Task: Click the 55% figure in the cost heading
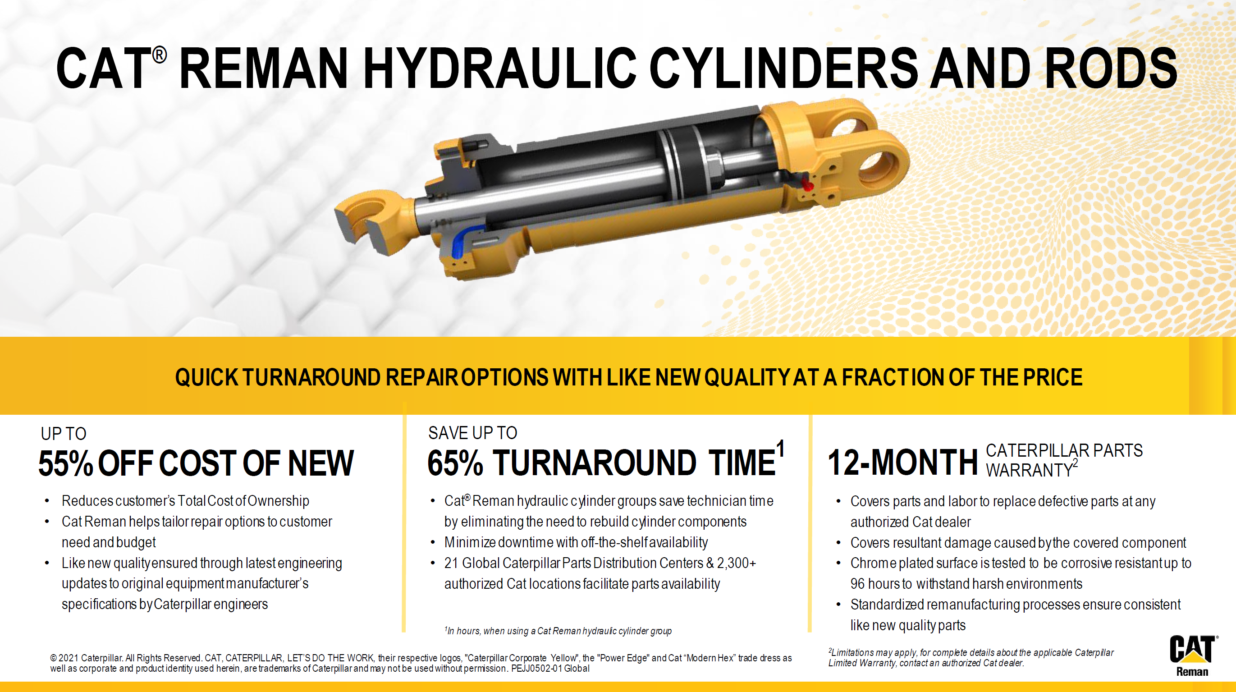pyautogui.click(x=65, y=463)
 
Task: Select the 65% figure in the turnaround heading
pyautogui.click(x=455, y=463)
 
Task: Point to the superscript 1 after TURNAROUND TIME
pyautogui.click(x=781, y=449)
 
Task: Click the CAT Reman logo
pyautogui.click(x=1193, y=655)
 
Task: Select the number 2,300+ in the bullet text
pyautogui.click(x=737, y=563)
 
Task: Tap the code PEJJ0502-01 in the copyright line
pyautogui.click(x=536, y=668)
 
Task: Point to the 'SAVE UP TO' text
pyautogui.click(x=472, y=433)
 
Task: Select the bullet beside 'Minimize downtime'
pyautogui.click(x=433, y=543)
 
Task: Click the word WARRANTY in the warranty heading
pyautogui.click(x=1029, y=470)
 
